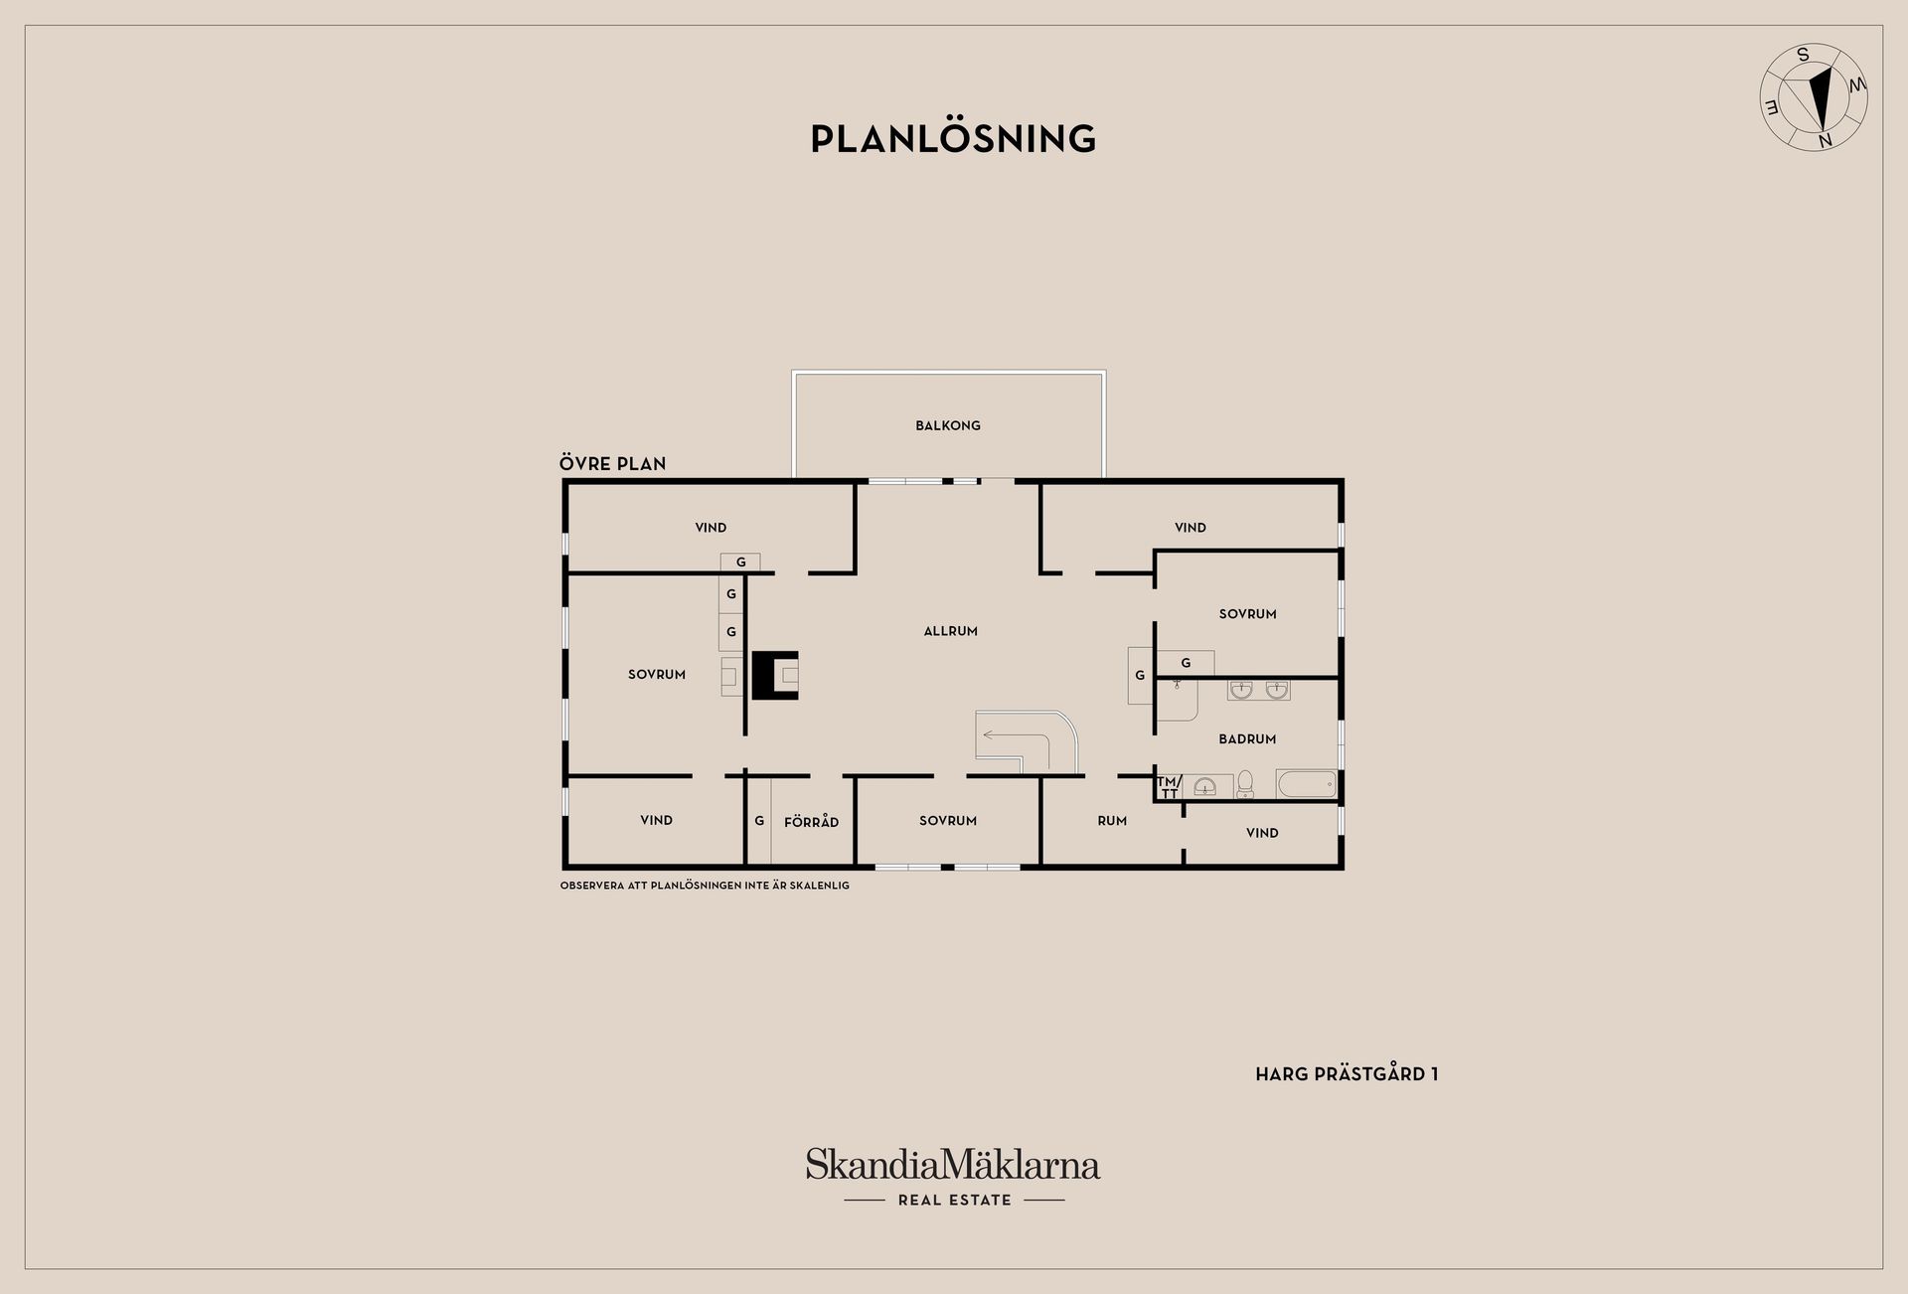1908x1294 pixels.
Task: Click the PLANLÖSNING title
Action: click(953, 138)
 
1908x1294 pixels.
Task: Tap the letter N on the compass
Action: click(1825, 141)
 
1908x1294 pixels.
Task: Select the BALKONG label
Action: click(948, 425)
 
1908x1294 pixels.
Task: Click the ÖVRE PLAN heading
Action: click(612, 463)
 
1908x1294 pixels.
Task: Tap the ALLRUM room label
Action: click(951, 631)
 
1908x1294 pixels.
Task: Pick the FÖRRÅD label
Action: click(811, 822)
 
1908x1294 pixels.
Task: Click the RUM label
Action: click(1112, 821)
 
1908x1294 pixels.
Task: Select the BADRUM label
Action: click(1247, 739)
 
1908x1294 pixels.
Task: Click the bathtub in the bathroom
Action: click(1307, 784)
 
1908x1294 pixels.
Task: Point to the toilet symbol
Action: click(1245, 785)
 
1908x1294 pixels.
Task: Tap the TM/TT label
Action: click(1169, 787)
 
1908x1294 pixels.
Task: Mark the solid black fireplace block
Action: click(775, 676)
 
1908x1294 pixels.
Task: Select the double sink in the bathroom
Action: click(1258, 690)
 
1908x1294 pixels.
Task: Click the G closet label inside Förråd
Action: click(759, 821)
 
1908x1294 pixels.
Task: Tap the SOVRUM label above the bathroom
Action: click(1247, 614)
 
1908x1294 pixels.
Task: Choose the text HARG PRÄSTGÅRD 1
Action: click(1347, 1074)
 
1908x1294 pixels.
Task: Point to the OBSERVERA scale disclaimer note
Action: click(705, 886)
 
